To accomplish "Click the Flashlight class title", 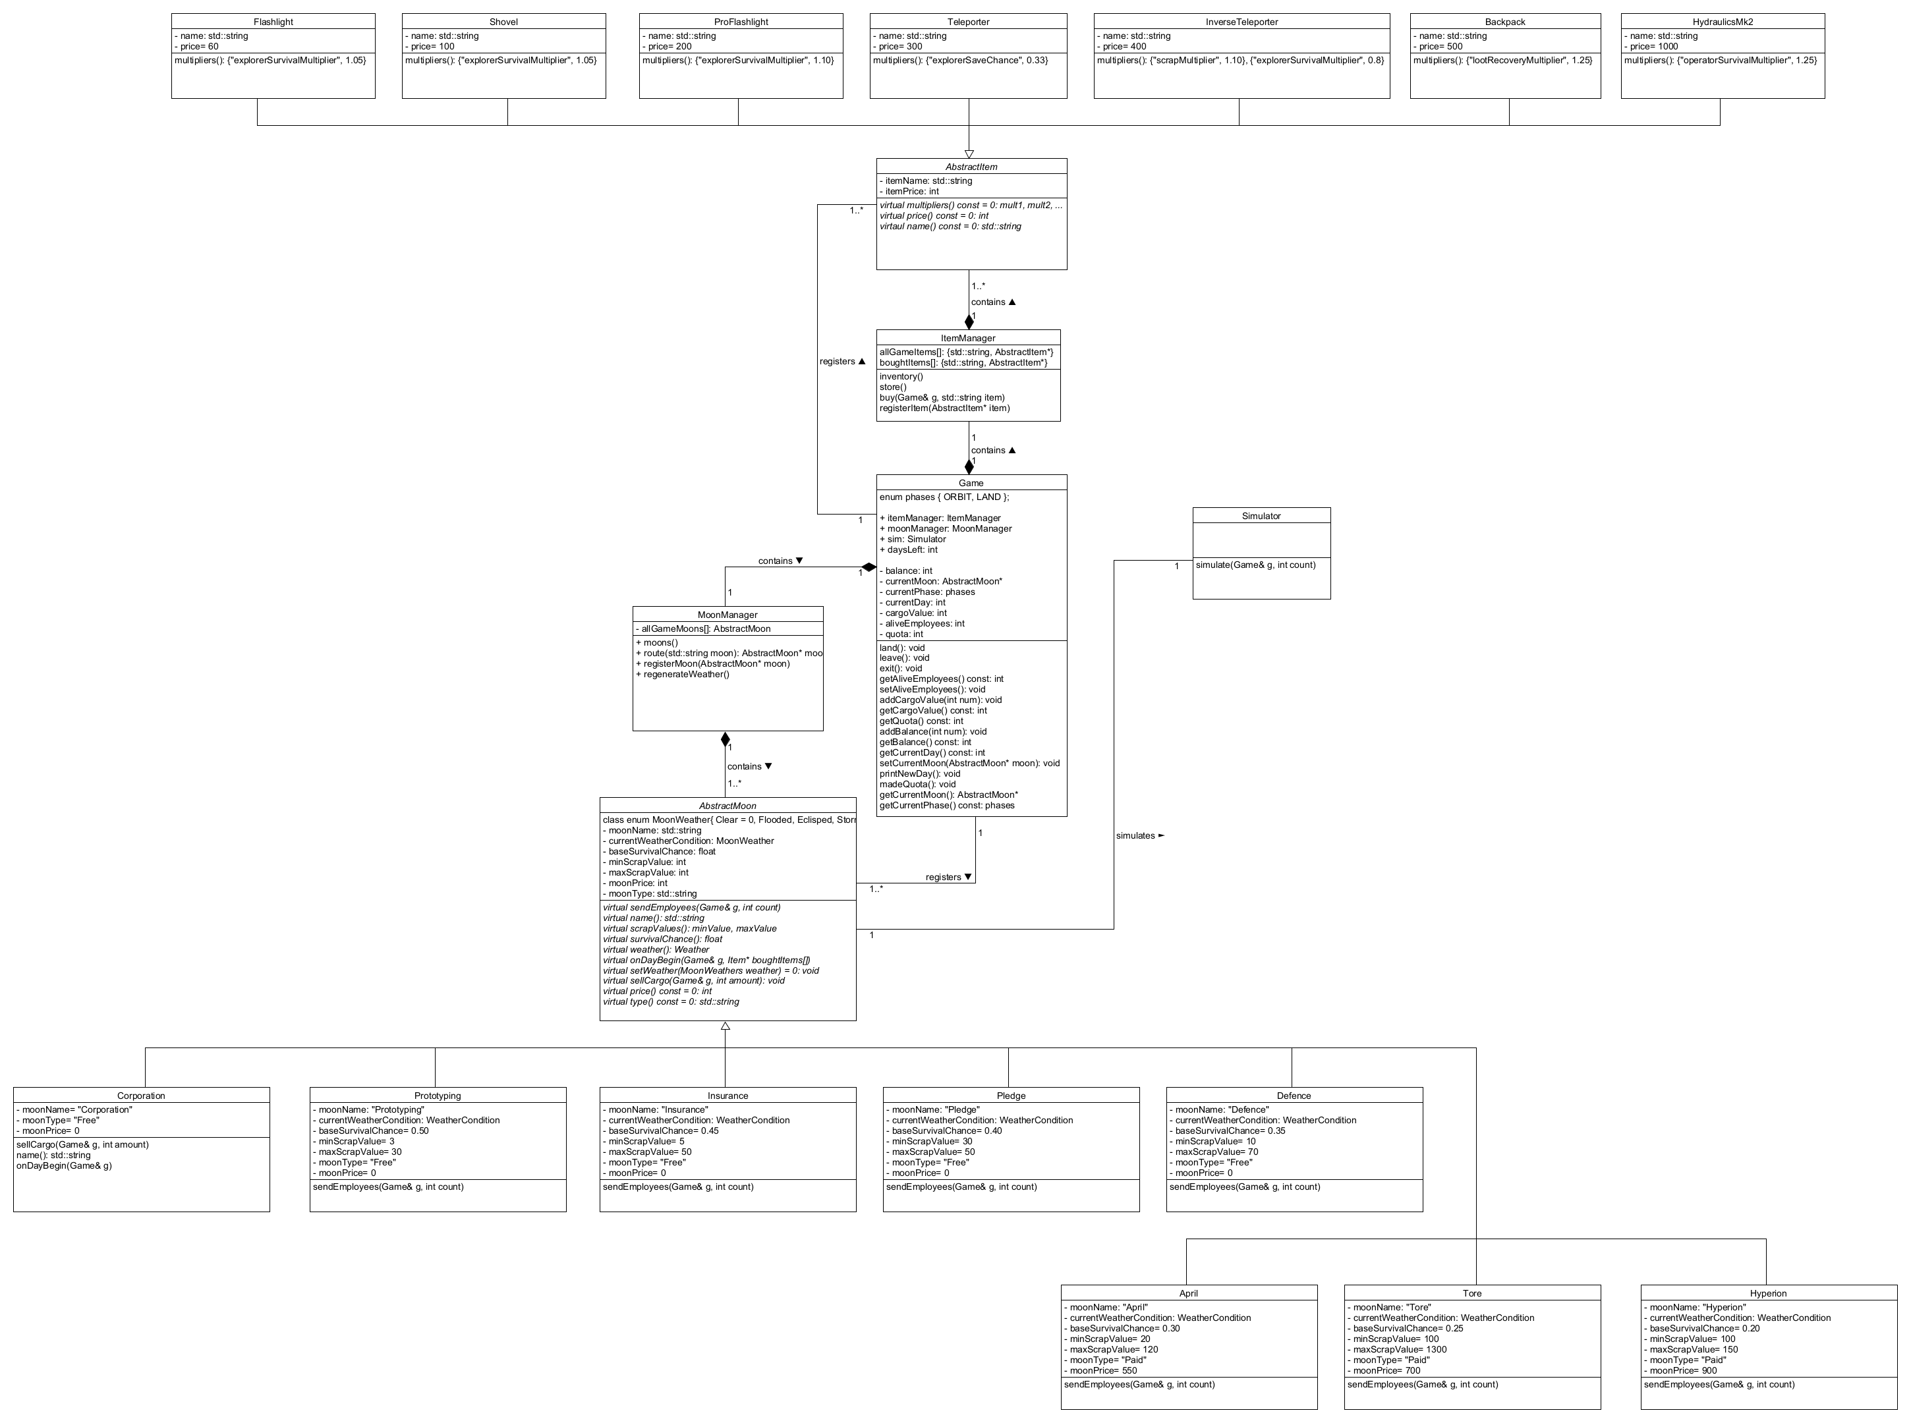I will [x=273, y=22].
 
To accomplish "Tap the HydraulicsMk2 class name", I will [x=1723, y=22].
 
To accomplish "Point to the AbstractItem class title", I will [x=971, y=166].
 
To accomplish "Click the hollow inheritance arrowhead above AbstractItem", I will [x=969, y=154].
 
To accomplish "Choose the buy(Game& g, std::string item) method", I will [x=942, y=398].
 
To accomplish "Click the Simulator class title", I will [x=1261, y=516].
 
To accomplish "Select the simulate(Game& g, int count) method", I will [x=1255, y=565].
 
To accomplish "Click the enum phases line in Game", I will [x=944, y=497].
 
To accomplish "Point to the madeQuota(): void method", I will [x=917, y=785].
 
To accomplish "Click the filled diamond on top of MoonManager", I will [x=726, y=739].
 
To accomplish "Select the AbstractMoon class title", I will [x=727, y=806].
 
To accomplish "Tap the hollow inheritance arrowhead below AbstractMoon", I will [x=726, y=1026].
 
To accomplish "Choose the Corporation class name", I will [x=141, y=1096].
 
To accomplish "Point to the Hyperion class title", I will [x=1768, y=1293].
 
